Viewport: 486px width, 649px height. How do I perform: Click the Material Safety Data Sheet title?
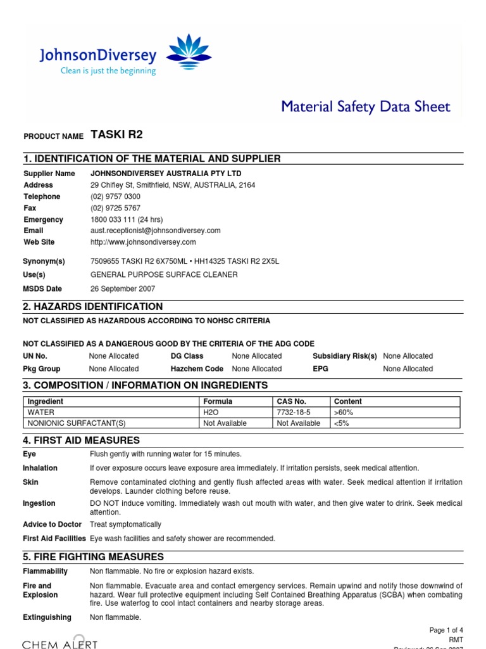(366, 106)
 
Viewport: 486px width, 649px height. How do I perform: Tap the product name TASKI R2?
(117, 134)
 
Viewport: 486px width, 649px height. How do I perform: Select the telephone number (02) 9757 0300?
(116, 196)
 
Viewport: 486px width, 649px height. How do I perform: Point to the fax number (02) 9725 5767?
(116, 208)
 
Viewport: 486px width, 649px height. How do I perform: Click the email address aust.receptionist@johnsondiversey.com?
(156, 231)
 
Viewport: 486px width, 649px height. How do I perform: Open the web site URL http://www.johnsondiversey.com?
(144, 242)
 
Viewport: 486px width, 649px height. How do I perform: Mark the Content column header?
(348, 401)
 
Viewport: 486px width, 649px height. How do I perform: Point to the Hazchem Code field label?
(197, 369)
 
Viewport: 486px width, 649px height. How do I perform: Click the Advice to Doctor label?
(53, 525)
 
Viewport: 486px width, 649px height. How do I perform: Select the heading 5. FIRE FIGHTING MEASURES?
(93, 557)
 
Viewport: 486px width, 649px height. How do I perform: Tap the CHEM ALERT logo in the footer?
(60, 643)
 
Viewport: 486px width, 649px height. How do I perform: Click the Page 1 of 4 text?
(446, 630)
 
